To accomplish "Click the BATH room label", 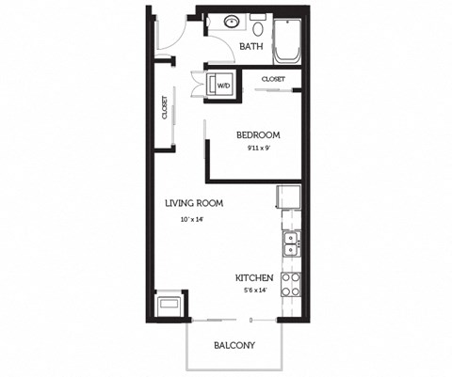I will click(251, 46).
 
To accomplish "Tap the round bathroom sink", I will click(232, 22).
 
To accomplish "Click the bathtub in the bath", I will click(286, 37).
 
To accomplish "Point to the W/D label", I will click(224, 86).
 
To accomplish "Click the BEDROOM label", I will click(258, 134).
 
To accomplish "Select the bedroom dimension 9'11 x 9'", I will click(258, 148).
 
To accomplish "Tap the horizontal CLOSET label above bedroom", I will click(273, 79).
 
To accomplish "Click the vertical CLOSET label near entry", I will click(165, 107).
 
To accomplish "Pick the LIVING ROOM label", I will click(193, 203).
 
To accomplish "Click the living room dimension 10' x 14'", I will click(192, 220).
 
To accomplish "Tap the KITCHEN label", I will click(254, 278).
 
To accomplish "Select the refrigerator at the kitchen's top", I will click(288, 198).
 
